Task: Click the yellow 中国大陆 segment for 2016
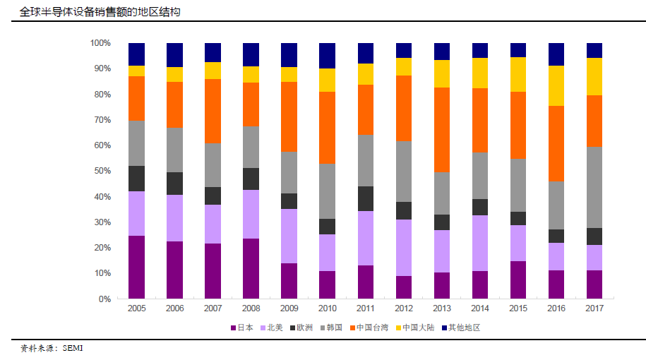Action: pos(556,85)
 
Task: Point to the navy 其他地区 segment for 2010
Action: pos(327,55)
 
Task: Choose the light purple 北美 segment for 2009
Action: pos(289,236)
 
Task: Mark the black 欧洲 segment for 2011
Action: pos(366,198)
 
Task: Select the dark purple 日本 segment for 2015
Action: pos(518,280)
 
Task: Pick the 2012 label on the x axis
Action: pos(404,309)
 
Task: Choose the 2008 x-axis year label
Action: pos(251,309)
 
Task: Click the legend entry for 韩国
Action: pos(332,328)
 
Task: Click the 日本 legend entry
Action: pos(244,328)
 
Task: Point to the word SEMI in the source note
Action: pos(73,348)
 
